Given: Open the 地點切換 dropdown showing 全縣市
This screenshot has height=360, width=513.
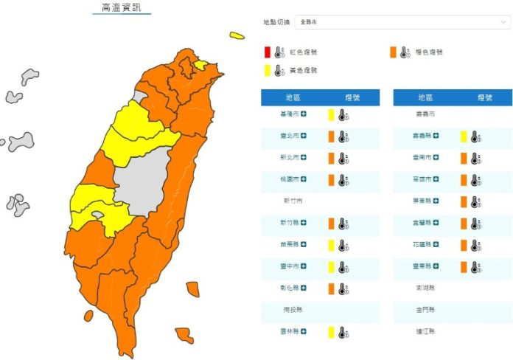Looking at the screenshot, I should point(402,22).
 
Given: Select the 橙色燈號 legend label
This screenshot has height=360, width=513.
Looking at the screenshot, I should point(429,52).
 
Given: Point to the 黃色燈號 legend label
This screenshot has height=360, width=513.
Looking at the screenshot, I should point(302,71).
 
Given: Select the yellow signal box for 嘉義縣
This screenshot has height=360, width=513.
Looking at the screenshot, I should point(464,136).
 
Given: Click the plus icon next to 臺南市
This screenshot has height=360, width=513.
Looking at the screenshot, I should point(436,158).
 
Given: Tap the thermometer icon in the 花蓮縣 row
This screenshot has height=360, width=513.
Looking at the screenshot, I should point(475,245).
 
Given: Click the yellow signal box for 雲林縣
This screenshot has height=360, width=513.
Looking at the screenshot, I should point(331,332).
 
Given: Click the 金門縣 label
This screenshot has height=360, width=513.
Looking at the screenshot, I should point(425,311).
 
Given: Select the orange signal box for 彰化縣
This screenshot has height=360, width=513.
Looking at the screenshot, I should point(331,288).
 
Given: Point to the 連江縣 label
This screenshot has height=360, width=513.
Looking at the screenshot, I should point(425,332).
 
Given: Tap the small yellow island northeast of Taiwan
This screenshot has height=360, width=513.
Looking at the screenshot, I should point(237,35).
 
